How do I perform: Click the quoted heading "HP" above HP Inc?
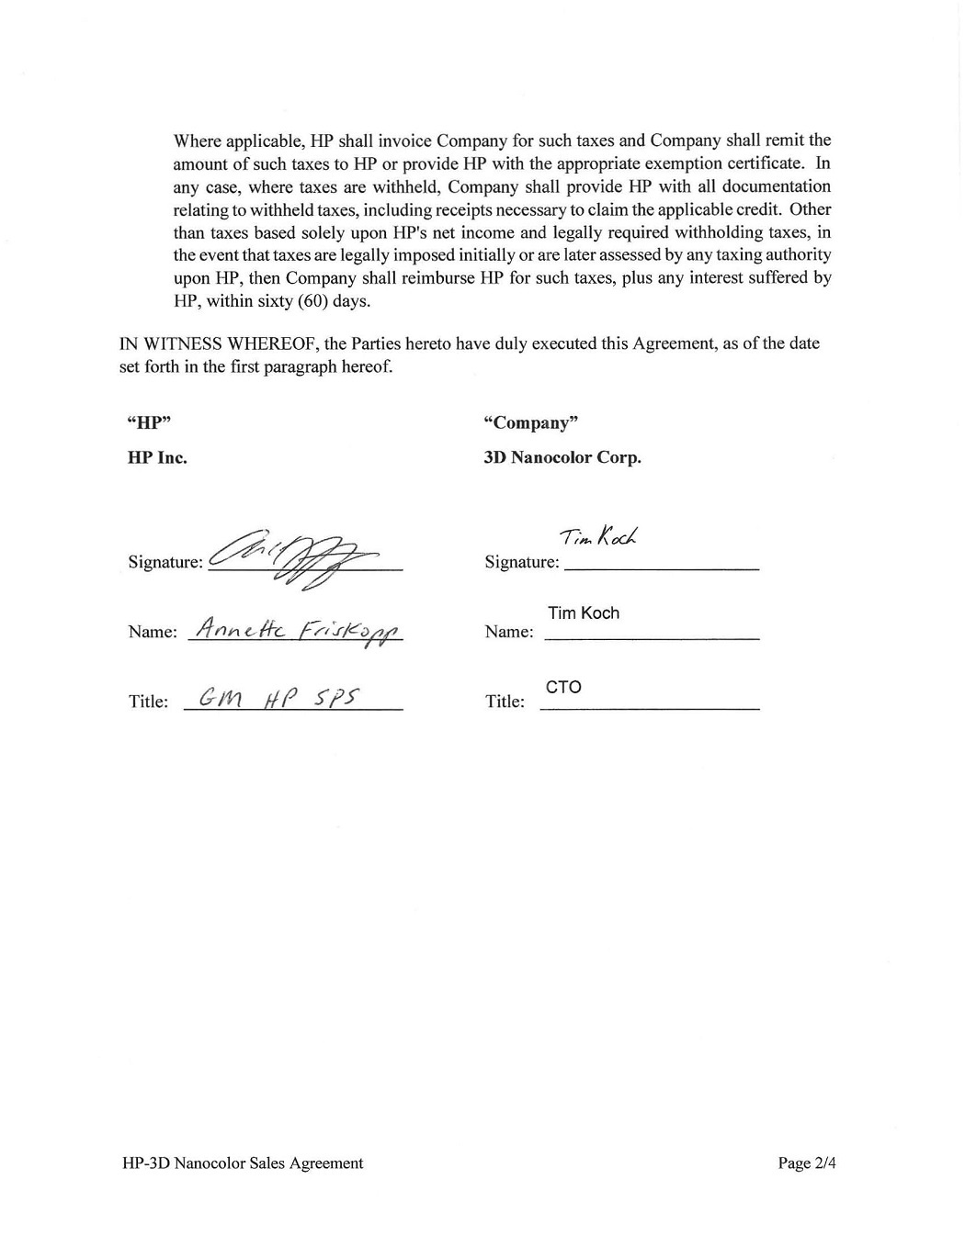tap(149, 422)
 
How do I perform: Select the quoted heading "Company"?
tap(530, 422)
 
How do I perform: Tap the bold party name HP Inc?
tap(157, 457)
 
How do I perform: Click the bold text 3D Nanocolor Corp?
tap(562, 457)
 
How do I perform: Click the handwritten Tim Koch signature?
tap(600, 536)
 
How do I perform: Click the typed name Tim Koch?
tap(584, 612)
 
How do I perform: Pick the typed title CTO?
tap(563, 687)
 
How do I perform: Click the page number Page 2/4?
tap(807, 1163)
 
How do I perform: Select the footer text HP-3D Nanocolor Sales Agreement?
tap(243, 1163)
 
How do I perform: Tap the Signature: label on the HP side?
tap(165, 562)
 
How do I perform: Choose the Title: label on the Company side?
tap(505, 702)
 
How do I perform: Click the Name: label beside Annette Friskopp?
tap(153, 632)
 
